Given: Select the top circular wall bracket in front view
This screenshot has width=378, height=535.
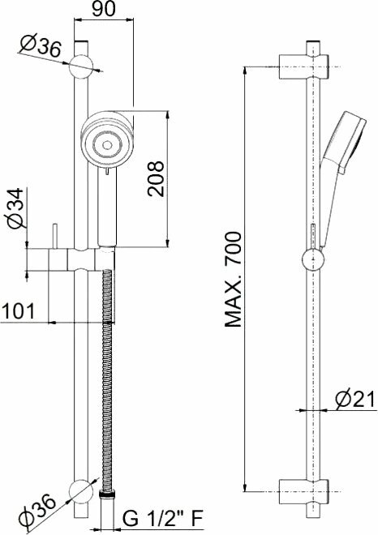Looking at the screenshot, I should (x=80, y=65).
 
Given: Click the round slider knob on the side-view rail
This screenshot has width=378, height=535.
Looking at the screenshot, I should (x=312, y=261).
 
